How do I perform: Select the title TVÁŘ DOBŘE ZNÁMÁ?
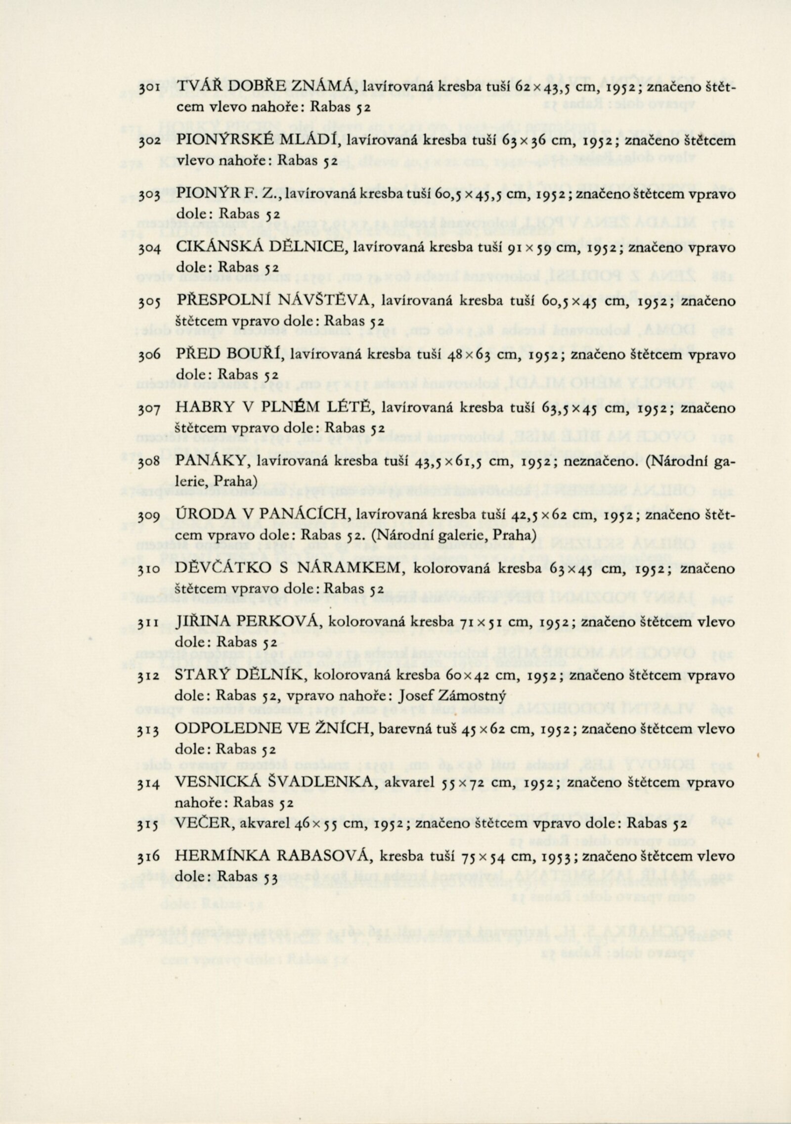click(x=264, y=87)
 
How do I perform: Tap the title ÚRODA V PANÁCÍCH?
click(x=264, y=516)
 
